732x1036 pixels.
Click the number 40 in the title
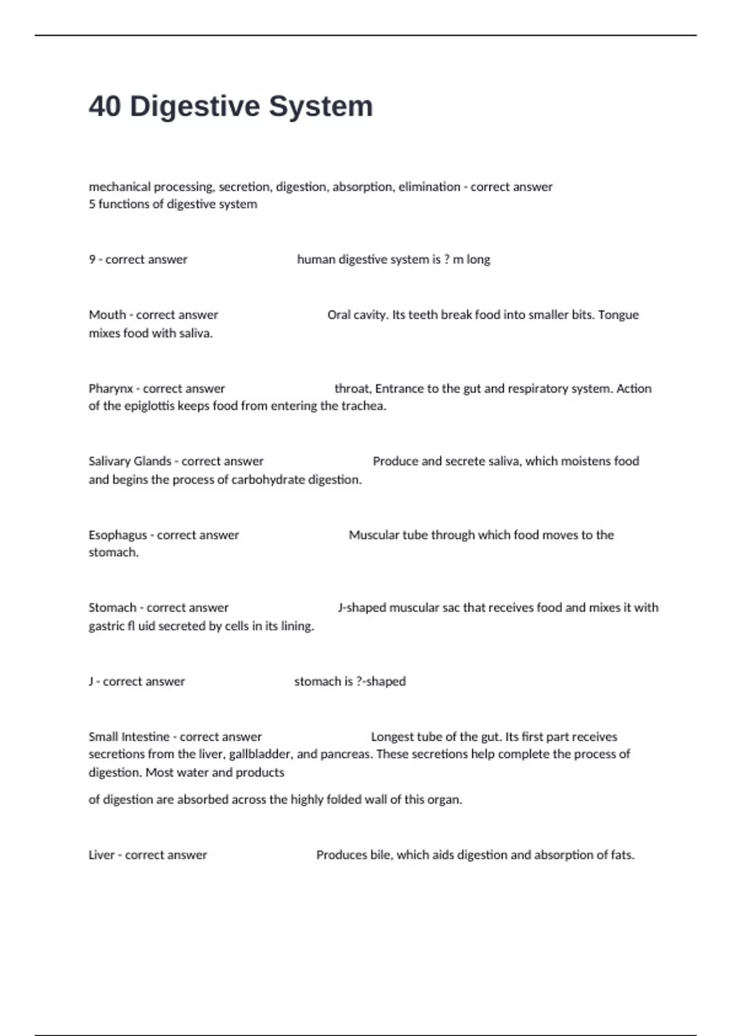click(105, 107)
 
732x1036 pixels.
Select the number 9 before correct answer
click(92, 260)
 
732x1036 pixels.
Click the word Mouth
click(107, 315)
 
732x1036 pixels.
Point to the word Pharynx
click(110, 389)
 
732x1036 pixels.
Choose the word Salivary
click(110, 461)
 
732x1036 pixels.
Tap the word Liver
click(101, 855)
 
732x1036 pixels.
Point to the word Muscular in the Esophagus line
click(373, 535)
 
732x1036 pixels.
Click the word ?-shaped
click(381, 681)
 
